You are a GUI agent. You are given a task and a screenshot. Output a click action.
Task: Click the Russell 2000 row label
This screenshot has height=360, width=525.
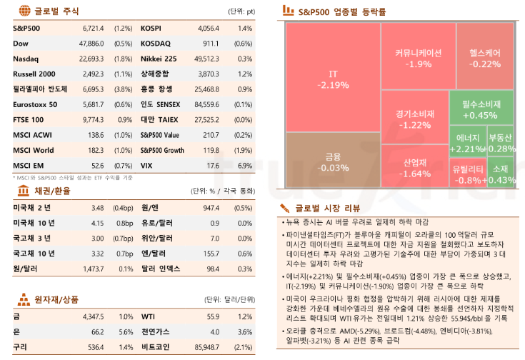pyautogui.click(x=35, y=74)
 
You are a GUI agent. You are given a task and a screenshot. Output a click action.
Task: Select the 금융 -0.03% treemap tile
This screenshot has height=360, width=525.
pyautogui.click(x=332, y=161)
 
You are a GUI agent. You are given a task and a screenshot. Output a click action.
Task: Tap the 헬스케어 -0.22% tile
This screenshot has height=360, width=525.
pyautogui.click(x=485, y=58)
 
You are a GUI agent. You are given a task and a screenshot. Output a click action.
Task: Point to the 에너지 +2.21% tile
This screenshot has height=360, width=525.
pyautogui.click(x=467, y=143)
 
